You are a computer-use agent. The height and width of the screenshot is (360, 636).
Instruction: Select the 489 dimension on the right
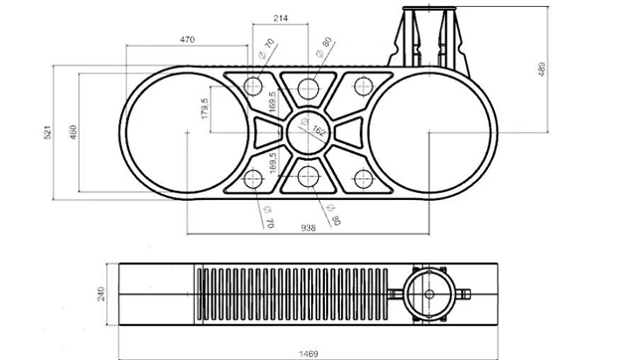pyautogui.click(x=543, y=69)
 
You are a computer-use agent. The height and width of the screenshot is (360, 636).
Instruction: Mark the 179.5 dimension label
pyautogui.click(x=206, y=108)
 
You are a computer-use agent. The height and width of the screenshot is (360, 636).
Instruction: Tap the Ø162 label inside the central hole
pyautogui.click(x=318, y=129)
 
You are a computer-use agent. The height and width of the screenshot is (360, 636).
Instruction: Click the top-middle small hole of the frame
pyautogui.click(x=308, y=84)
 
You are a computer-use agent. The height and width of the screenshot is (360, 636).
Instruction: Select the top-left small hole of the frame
pyautogui.click(x=253, y=85)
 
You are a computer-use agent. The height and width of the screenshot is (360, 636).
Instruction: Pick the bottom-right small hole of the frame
pyautogui.click(x=363, y=179)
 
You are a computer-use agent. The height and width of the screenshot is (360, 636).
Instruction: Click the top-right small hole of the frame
pyautogui.click(x=363, y=85)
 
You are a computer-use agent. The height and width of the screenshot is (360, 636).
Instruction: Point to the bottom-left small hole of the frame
pyautogui.click(x=253, y=179)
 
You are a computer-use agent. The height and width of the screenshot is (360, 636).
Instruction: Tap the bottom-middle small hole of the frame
pyautogui.click(x=308, y=179)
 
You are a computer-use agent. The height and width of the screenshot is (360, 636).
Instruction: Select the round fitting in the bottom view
pyautogui.click(x=430, y=294)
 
